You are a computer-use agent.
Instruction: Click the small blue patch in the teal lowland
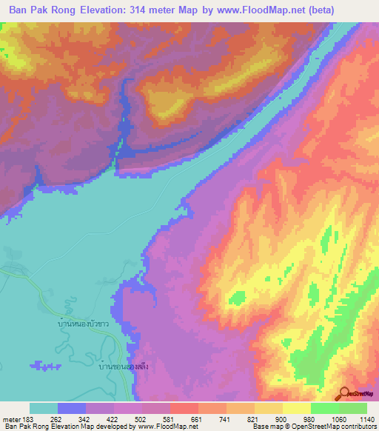coord(47,365)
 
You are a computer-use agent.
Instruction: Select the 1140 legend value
coord(365,420)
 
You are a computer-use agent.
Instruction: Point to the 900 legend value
coord(281,420)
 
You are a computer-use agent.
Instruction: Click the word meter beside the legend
coord(12,420)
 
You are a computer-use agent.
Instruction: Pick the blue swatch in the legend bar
coord(72,408)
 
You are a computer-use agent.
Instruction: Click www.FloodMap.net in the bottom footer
coord(164,427)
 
